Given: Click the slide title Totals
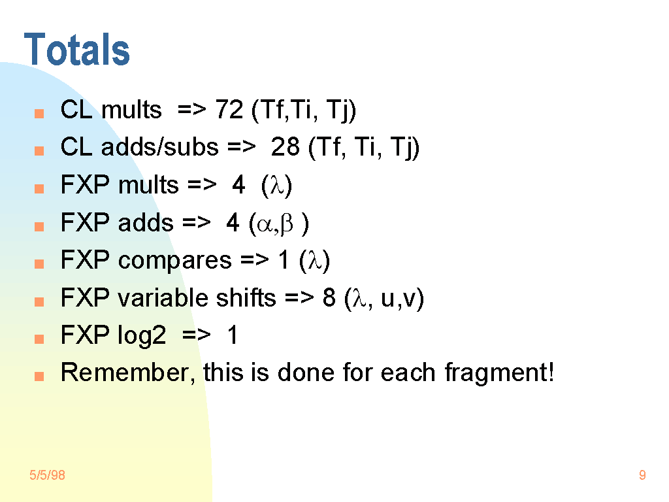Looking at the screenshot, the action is coord(77,50).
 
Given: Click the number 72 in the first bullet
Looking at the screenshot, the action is coord(229,110).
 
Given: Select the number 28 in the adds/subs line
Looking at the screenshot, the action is coord(285,147).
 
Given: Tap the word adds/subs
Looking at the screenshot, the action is coord(159,147).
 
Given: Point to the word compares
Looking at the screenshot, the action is coord(175,261).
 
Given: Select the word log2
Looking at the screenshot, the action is coord(142,336).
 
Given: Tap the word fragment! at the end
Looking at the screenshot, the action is coord(499,373).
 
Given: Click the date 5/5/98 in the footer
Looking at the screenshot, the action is coord(47,475).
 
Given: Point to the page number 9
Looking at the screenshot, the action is coord(642,475).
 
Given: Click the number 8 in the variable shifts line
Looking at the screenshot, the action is coord(329,297).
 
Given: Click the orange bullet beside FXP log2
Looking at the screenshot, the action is coord(39,339).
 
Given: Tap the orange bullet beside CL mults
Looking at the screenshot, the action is coord(39,114).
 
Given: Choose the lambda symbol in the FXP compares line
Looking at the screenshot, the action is coord(314,261).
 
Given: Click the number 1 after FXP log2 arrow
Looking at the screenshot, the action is coord(233,335).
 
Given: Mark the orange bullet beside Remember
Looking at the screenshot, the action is coord(39,376).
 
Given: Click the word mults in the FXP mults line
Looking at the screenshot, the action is coord(148,185).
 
